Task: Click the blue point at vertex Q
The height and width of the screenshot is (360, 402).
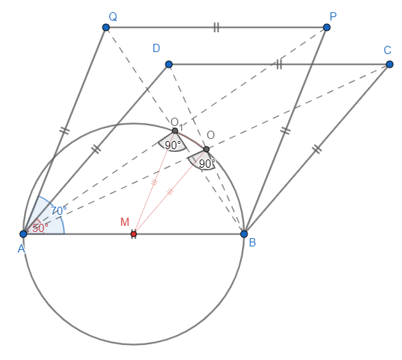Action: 106,27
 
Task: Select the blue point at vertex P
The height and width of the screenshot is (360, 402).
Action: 327,27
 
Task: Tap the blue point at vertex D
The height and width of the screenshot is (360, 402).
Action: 169,64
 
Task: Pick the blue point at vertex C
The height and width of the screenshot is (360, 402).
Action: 390,64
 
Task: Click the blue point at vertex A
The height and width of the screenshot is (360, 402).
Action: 23,234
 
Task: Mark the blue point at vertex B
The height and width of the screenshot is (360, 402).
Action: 244,234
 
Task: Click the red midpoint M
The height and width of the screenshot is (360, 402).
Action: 133,234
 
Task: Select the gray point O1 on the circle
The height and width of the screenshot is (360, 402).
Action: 175,131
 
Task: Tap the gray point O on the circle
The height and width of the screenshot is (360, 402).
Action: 206,149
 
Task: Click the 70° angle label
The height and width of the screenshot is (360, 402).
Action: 59,211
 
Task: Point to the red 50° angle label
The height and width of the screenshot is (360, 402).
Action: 40,228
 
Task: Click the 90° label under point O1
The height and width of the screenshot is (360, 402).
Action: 173,145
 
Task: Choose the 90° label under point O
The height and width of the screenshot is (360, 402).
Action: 207,164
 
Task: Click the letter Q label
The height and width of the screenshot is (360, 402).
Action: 113,16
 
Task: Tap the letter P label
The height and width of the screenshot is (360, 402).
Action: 333,16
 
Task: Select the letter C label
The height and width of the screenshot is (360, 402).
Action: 388,50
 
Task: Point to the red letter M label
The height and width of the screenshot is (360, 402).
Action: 124,222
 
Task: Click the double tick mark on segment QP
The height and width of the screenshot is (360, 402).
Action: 216,27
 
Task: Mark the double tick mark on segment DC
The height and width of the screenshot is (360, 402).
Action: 279,64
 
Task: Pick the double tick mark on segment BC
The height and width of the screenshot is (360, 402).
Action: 317,149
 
